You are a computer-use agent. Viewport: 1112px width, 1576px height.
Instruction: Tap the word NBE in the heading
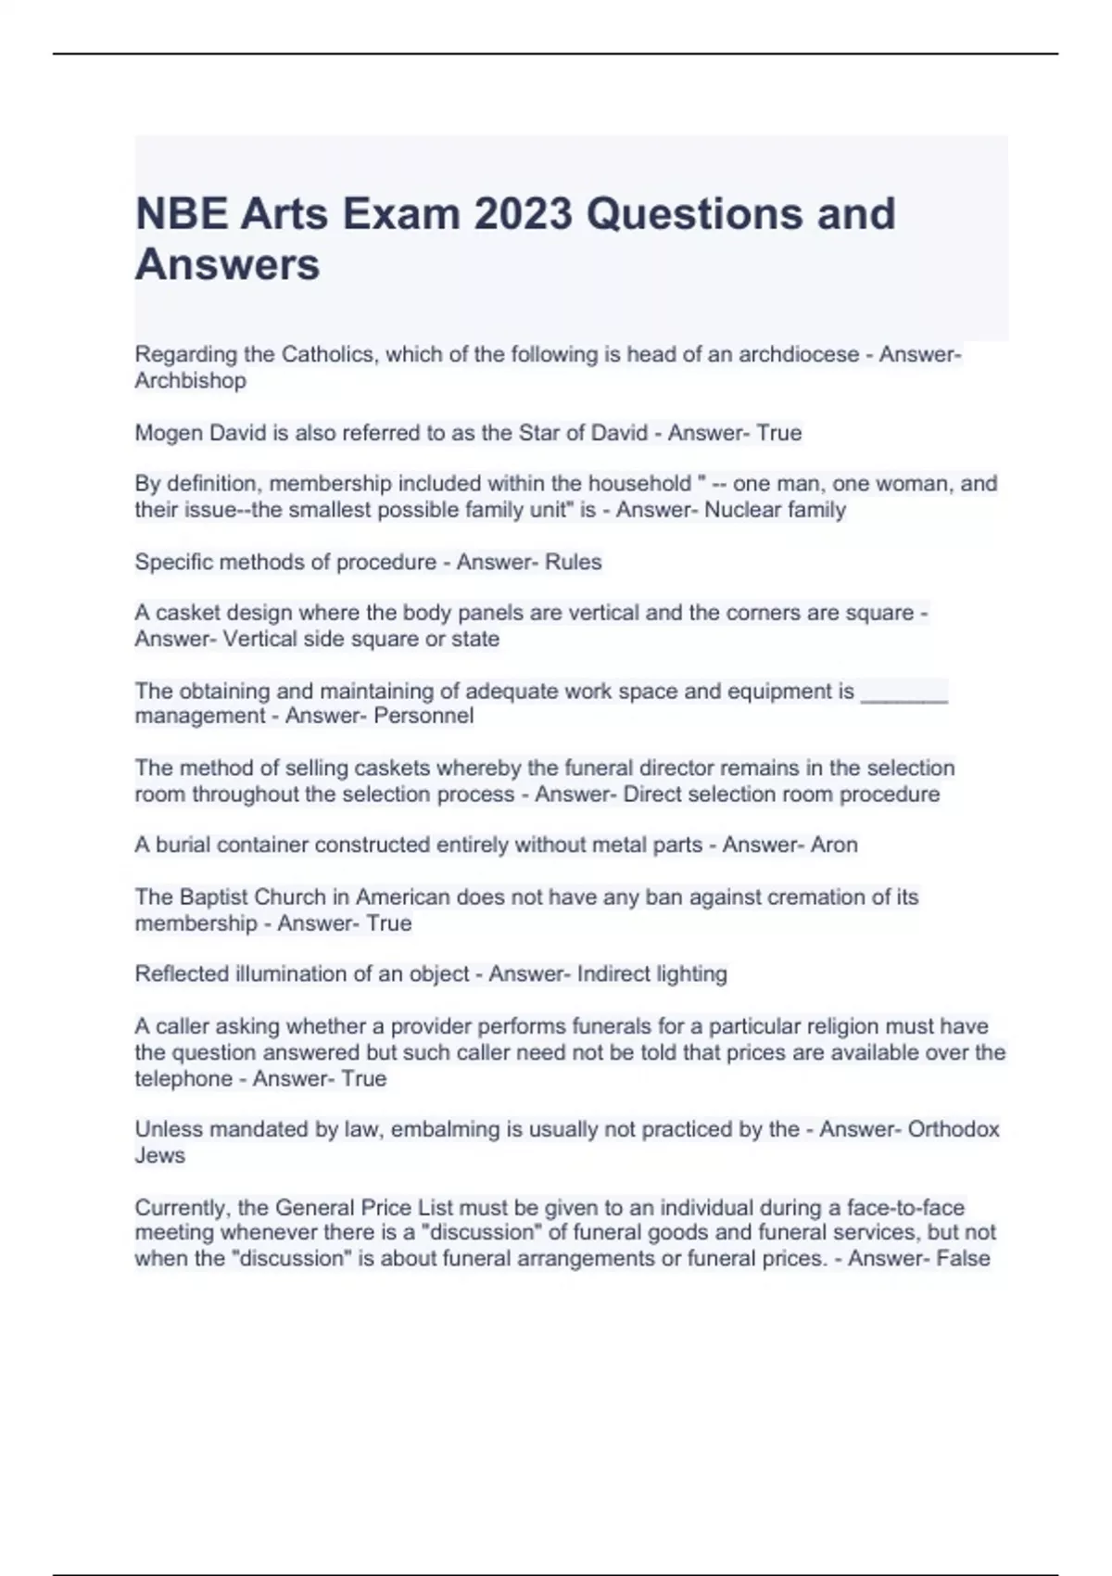(181, 214)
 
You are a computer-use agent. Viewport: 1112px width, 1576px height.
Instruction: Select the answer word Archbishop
(191, 381)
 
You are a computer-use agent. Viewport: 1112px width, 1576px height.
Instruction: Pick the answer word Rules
(574, 562)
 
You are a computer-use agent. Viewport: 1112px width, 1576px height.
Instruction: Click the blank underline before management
(903, 692)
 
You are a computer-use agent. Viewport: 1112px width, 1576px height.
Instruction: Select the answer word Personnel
(423, 716)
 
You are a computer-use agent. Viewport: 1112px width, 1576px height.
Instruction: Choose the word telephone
(182, 1079)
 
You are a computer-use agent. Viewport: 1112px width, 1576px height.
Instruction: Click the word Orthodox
(954, 1129)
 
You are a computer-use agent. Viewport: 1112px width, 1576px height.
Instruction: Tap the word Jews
(160, 1155)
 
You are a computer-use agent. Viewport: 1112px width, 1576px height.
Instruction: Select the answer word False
(964, 1258)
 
